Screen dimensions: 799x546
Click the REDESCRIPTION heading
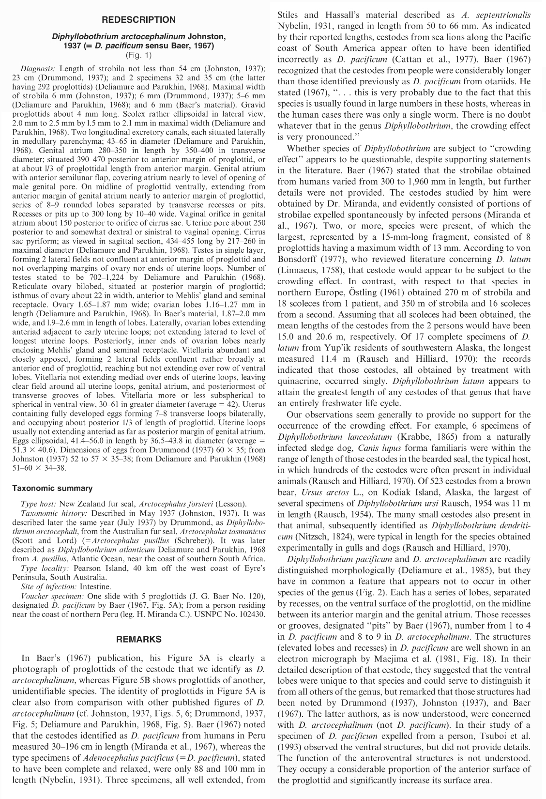138,20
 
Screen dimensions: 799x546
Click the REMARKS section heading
138,639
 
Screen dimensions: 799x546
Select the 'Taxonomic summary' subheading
52,488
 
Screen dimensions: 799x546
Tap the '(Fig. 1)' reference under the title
138,55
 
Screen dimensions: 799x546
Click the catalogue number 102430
252,614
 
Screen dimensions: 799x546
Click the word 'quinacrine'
296,381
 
